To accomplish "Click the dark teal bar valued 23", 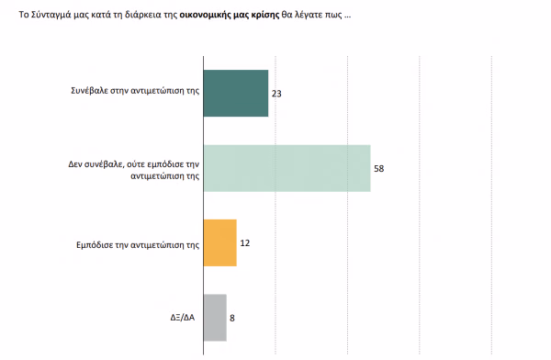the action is [x=236, y=93].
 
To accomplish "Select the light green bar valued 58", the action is [x=287, y=168].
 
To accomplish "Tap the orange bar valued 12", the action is [x=220, y=243].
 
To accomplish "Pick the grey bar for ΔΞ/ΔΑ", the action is [x=215, y=318].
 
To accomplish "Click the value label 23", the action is [x=276, y=94].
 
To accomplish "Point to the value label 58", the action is [x=378, y=169].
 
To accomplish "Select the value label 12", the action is [x=245, y=243].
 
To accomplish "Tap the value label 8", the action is [x=232, y=318].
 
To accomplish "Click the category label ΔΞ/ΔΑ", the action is [x=183, y=318].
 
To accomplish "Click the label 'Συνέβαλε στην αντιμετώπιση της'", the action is [x=135, y=91].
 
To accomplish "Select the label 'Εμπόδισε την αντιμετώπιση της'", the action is [x=138, y=245].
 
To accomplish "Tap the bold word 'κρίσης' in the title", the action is [x=265, y=15].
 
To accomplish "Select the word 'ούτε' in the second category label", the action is [x=136, y=164].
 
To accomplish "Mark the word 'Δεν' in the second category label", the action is [x=75, y=164].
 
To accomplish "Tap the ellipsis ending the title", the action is [x=347, y=17].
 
